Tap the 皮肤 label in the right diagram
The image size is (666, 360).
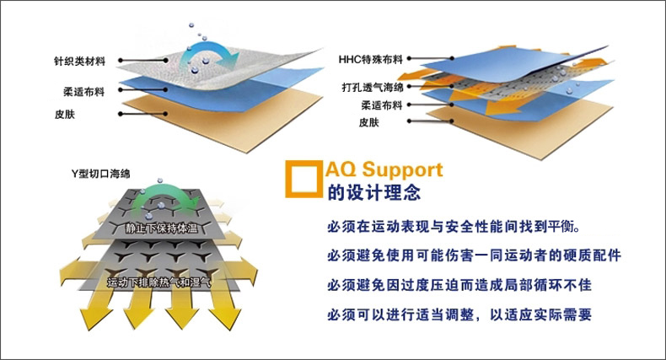tap(369, 123)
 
